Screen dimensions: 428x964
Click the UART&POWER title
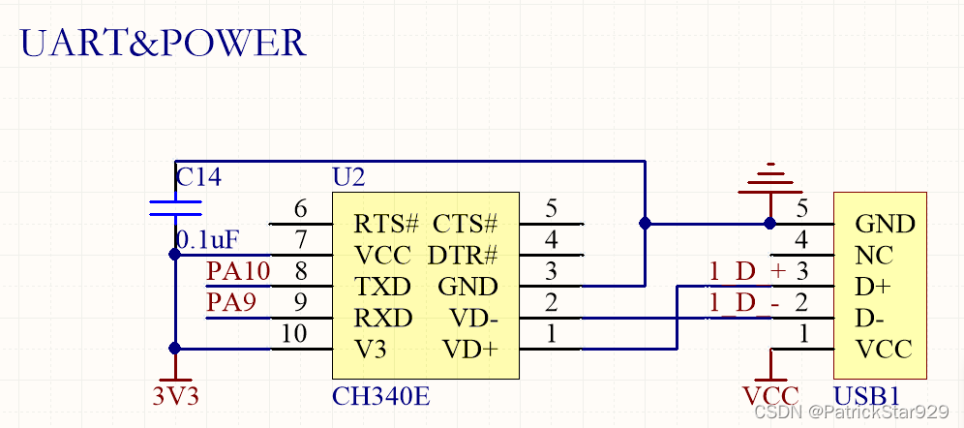[164, 43]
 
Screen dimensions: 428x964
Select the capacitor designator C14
[198, 177]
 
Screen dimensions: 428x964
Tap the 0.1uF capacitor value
[207, 238]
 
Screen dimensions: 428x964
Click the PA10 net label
[238, 271]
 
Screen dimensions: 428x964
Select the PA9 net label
[231, 303]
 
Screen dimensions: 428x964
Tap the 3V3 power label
[175, 395]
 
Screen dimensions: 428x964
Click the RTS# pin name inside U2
[386, 225]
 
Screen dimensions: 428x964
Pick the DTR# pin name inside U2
[465, 256]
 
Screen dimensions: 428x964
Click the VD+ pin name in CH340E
[469, 350]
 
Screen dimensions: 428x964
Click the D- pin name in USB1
[869, 319]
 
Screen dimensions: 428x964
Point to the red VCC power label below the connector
[770, 395]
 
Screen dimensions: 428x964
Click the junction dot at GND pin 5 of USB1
[770, 223]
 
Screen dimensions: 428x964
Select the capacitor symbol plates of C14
[175, 207]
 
